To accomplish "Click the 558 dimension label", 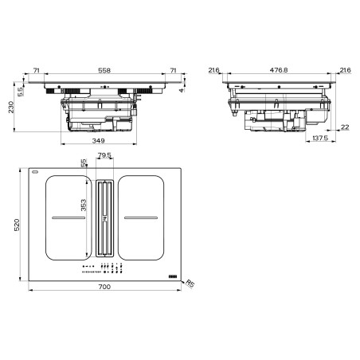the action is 104,70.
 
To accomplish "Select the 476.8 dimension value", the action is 279,70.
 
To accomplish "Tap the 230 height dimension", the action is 11,107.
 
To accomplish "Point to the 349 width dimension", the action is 98,141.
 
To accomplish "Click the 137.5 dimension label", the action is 320,138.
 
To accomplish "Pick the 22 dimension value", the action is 345,127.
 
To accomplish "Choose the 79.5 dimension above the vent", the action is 104,155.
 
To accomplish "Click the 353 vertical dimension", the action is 84,205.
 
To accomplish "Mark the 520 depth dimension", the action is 17,225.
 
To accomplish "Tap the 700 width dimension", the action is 104,287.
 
